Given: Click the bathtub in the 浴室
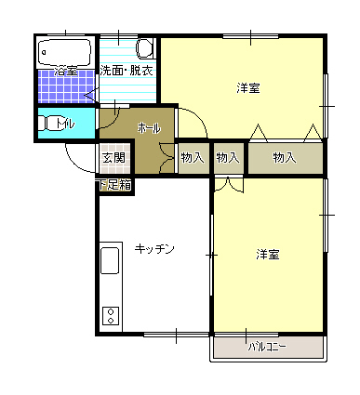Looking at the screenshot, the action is [65, 52].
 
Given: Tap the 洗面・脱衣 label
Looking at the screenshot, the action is [127, 71].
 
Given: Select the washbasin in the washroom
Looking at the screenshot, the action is [145, 48].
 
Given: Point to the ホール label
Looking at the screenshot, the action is [150, 127].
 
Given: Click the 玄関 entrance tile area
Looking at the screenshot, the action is [114, 158].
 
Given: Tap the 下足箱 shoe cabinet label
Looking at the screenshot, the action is [115, 185].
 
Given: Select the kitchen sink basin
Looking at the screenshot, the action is [110, 260].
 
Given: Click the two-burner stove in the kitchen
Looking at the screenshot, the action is [111, 316].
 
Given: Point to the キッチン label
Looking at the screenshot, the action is [154, 249].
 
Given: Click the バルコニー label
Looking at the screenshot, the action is [267, 347].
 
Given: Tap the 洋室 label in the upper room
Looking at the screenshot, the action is [248, 88].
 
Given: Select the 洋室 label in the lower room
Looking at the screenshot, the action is [268, 255].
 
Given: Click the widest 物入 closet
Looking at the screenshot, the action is [286, 158].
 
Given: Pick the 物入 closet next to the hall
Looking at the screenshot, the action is [193, 158].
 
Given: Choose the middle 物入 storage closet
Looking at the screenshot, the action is [229, 158].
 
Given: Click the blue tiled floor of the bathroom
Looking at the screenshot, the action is [66, 86].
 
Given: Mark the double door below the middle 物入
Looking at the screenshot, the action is [229, 185].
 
